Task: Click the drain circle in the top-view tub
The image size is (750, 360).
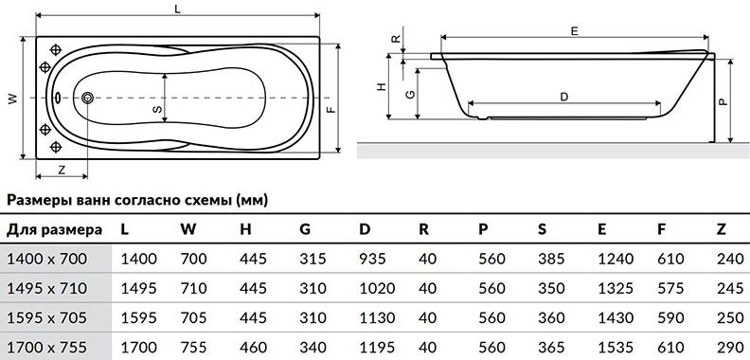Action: pyautogui.click(x=87, y=98)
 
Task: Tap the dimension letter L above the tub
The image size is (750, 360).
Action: pyautogui.click(x=178, y=9)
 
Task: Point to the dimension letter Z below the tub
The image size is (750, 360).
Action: pyautogui.click(x=62, y=169)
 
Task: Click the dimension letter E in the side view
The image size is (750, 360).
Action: pyautogui.click(x=575, y=31)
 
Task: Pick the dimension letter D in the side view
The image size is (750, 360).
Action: pyautogui.click(x=564, y=98)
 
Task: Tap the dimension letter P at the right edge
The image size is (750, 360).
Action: pyautogui.click(x=723, y=101)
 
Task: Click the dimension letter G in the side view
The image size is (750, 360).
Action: pyautogui.click(x=410, y=95)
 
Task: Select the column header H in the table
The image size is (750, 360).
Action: pyautogui.click(x=245, y=230)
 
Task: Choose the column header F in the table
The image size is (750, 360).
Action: pyautogui.click(x=662, y=230)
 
